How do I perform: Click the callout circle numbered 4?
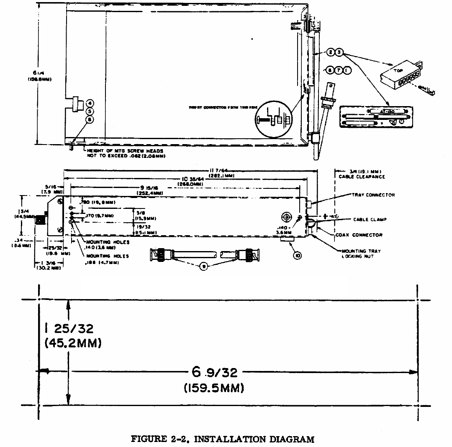[90, 103]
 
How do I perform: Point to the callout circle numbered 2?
[331, 52]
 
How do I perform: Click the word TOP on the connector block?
[398, 71]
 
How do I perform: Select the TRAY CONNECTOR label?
[373, 195]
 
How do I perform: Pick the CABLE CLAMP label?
[370, 219]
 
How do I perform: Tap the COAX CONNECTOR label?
[359, 235]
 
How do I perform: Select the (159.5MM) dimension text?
[213, 388]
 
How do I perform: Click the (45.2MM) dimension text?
[73, 343]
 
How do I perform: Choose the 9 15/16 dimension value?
[149, 188]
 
